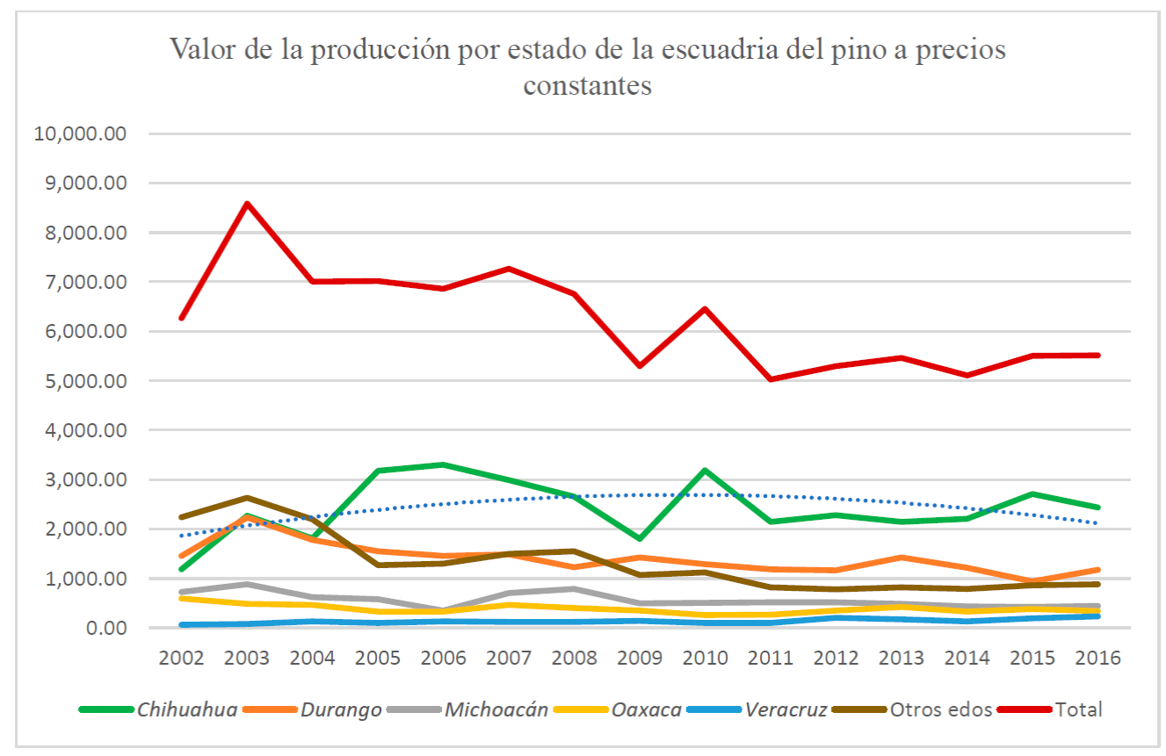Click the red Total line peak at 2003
pyautogui.click(x=248, y=204)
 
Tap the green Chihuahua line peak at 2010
pyautogui.click(x=705, y=471)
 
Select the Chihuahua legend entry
pyautogui.click(x=186, y=709)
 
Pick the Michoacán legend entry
pyautogui.click(x=496, y=709)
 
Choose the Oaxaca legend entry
pyautogui.click(x=648, y=709)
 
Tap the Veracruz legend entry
pyautogui.click(x=786, y=709)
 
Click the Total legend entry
pyautogui.click(x=1079, y=709)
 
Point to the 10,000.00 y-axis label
pyautogui.click(x=81, y=134)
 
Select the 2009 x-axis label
pyautogui.click(x=640, y=658)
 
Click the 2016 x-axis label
pyautogui.click(x=1097, y=658)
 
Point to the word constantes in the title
pyautogui.click(x=587, y=85)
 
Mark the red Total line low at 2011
pyautogui.click(x=771, y=379)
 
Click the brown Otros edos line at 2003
pyautogui.click(x=248, y=498)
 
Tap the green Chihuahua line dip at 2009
pyautogui.click(x=640, y=538)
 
